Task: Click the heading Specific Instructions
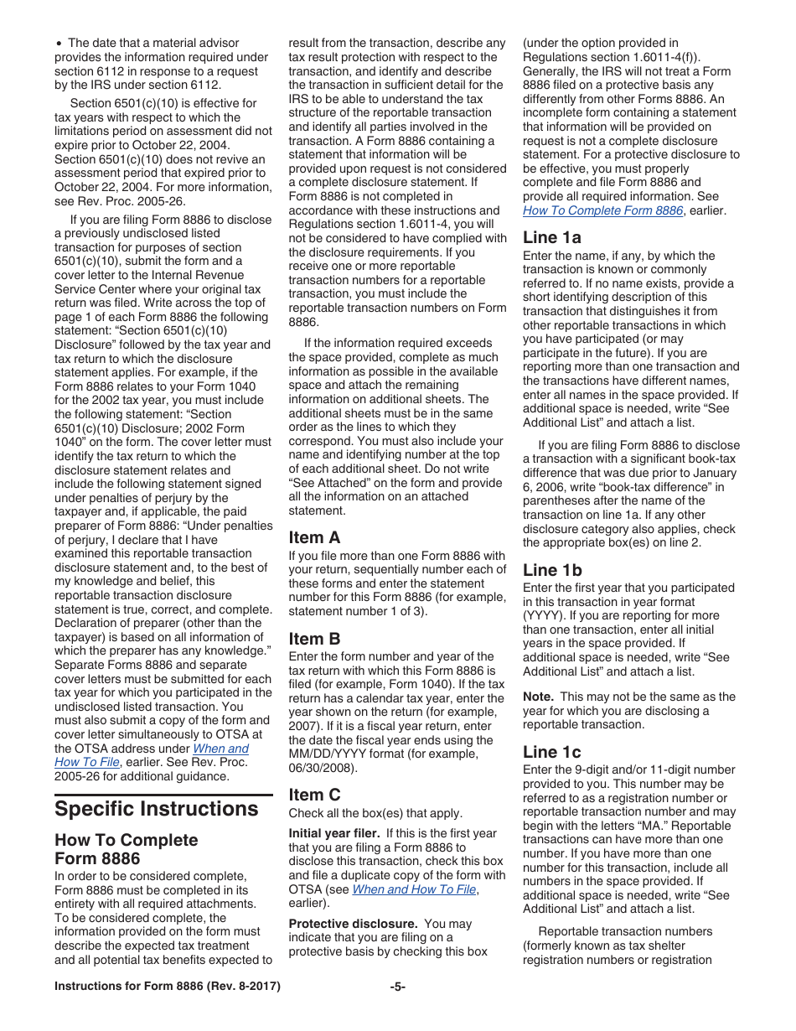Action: (x=156, y=809)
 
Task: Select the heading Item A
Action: (x=314, y=537)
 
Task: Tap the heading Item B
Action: (x=314, y=639)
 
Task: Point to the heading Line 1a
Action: (x=551, y=237)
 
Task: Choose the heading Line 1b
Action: (x=552, y=570)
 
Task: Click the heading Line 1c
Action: (x=551, y=752)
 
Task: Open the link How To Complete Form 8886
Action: (x=602, y=210)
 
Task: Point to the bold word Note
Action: (x=538, y=697)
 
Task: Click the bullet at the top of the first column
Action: (x=59, y=43)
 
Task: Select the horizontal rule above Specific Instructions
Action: (x=163, y=795)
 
